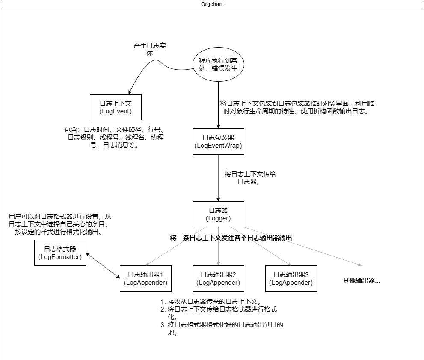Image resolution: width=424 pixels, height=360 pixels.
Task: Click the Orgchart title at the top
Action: [212, 4]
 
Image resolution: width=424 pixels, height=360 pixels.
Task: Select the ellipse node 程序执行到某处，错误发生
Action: [218, 64]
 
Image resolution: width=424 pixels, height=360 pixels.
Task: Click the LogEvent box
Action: [116, 107]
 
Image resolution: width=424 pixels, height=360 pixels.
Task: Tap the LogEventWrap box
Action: [218, 141]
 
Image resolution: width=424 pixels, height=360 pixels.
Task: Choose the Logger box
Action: [219, 214]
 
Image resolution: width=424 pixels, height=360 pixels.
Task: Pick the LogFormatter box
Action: [60, 253]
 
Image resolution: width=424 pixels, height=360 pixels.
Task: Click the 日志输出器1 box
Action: [145, 278]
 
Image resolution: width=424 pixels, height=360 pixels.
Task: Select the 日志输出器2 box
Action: [218, 278]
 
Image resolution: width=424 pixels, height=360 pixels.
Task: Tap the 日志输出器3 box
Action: [291, 278]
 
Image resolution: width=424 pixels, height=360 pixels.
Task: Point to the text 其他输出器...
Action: [361, 281]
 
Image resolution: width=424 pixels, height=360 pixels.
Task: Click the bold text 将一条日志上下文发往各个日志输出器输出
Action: [231, 238]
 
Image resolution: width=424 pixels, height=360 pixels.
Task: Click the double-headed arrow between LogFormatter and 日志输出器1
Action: [103, 265]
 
